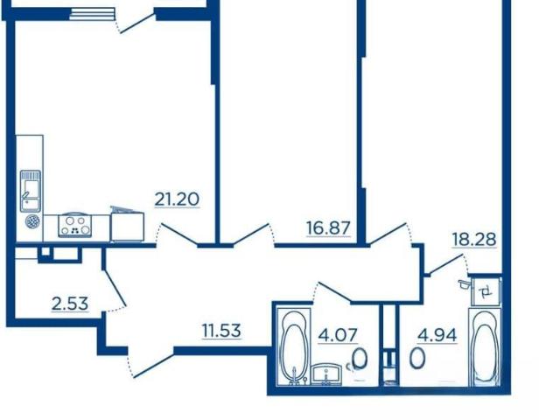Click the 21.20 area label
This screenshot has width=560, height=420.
click(177, 199)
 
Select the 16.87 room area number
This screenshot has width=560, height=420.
click(329, 228)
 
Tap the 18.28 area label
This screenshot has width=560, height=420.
click(474, 239)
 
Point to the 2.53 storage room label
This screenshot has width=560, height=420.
click(70, 304)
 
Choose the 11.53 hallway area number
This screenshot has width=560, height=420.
click(221, 331)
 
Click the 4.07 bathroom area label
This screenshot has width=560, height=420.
click(338, 335)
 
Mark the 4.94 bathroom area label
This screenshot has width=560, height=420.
click(437, 335)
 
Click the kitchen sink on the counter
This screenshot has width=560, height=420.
click(31, 191)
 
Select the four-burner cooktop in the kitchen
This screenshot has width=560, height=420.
click(74, 226)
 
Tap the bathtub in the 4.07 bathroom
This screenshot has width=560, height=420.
click(295, 347)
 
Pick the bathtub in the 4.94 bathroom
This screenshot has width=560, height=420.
click(485, 347)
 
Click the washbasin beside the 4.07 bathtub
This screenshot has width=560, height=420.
click(326, 374)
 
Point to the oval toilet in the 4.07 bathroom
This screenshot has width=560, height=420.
click(360, 359)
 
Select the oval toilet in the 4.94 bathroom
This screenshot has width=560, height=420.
click(417, 358)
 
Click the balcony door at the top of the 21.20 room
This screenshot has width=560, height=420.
click(136, 24)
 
